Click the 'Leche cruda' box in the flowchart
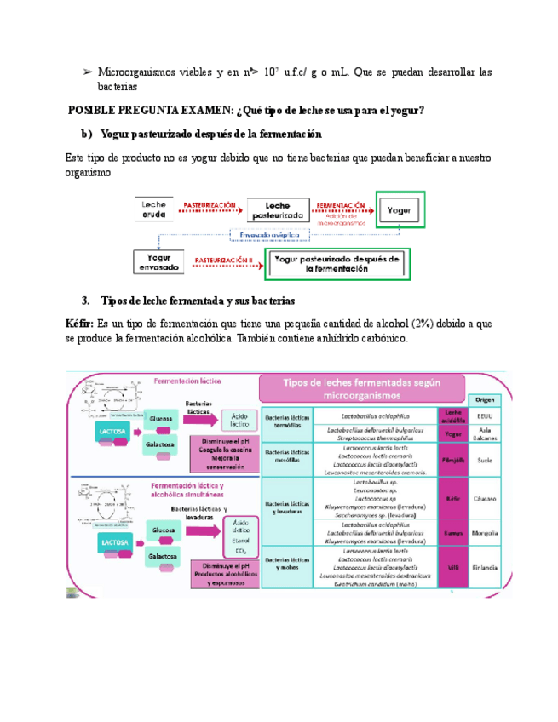(x=154, y=210)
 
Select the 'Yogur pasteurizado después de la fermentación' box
(x=339, y=262)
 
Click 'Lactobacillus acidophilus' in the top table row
(x=374, y=415)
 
